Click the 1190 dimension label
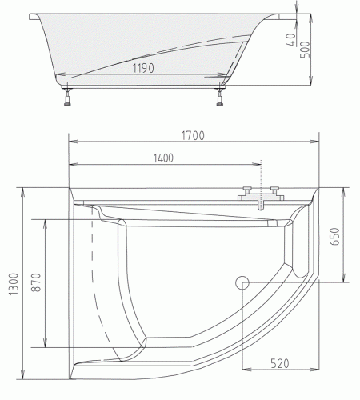[x=146, y=69]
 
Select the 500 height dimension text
[x=327, y=48]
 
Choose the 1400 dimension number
[x=162, y=158]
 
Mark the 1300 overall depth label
[x=10, y=282]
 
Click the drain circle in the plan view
[x=243, y=281]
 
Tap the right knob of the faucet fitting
[x=276, y=190]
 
